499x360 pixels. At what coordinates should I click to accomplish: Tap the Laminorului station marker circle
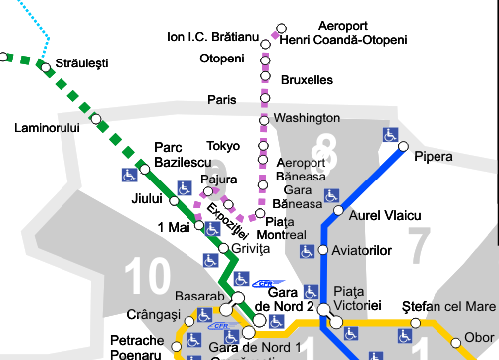(x=96, y=119)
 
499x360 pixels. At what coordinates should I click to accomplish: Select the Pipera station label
(x=434, y=157)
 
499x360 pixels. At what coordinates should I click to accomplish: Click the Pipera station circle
(x=404, y=147)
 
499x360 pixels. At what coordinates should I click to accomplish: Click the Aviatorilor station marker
(x=322, y=250)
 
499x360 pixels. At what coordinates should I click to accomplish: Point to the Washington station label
(x=307, y=118)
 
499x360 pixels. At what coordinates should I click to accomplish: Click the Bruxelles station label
(x=307, y=79)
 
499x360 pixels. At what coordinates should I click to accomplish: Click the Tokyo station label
(x=223, y=146)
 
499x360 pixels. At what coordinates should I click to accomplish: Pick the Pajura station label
(x=219, y=180)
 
